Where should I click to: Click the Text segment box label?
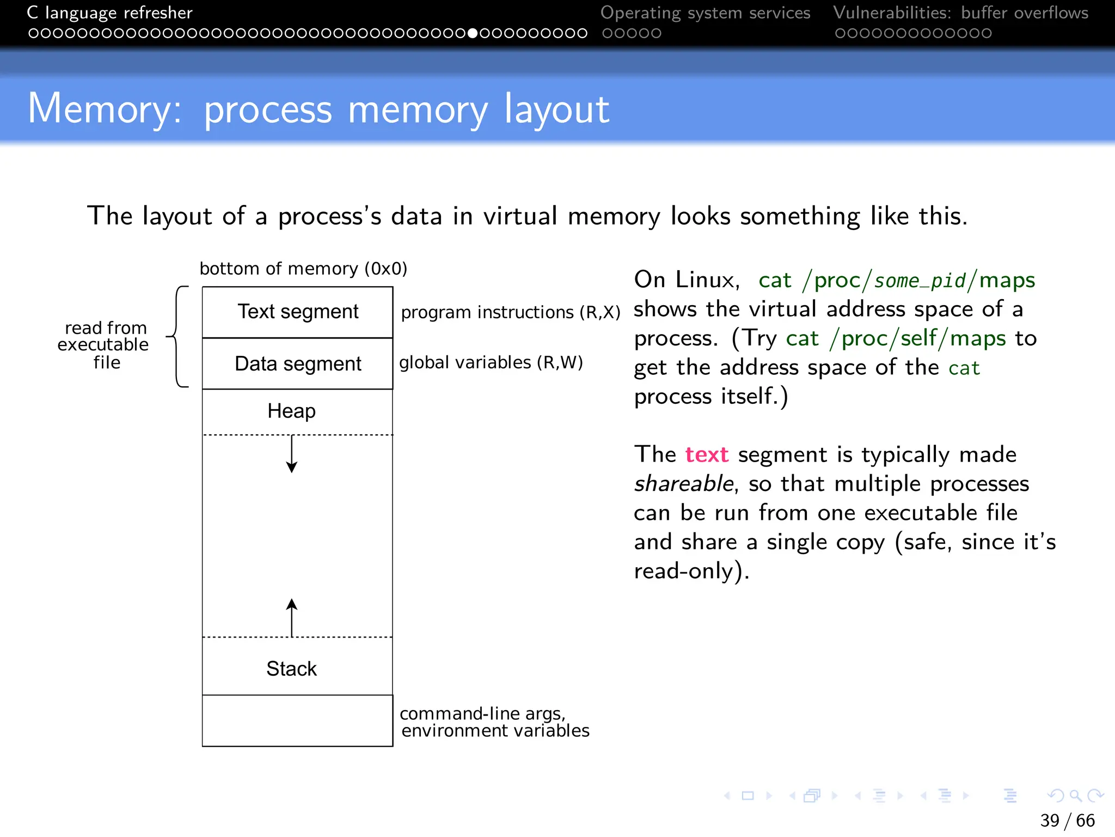[298, 312]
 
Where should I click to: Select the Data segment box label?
[298, 363]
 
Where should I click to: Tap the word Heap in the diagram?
[291, 411]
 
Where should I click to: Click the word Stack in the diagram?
[291, 669]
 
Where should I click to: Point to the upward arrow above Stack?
[292, 617]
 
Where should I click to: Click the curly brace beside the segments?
[177, 337]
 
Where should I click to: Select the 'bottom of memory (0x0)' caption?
[303, 269]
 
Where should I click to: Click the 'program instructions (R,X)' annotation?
[510, 312]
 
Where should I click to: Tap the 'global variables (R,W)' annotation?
[491, 362]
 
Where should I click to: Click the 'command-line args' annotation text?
[482, 713]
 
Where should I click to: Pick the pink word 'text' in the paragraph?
[706, 454]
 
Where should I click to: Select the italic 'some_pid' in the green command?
[920, 281]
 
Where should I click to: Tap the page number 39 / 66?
[1067, 820]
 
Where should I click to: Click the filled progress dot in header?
[473, 33]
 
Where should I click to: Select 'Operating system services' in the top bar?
[705, 13]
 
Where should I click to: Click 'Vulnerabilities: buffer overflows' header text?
[960, 13]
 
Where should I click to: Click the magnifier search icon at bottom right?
[1075, 796]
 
